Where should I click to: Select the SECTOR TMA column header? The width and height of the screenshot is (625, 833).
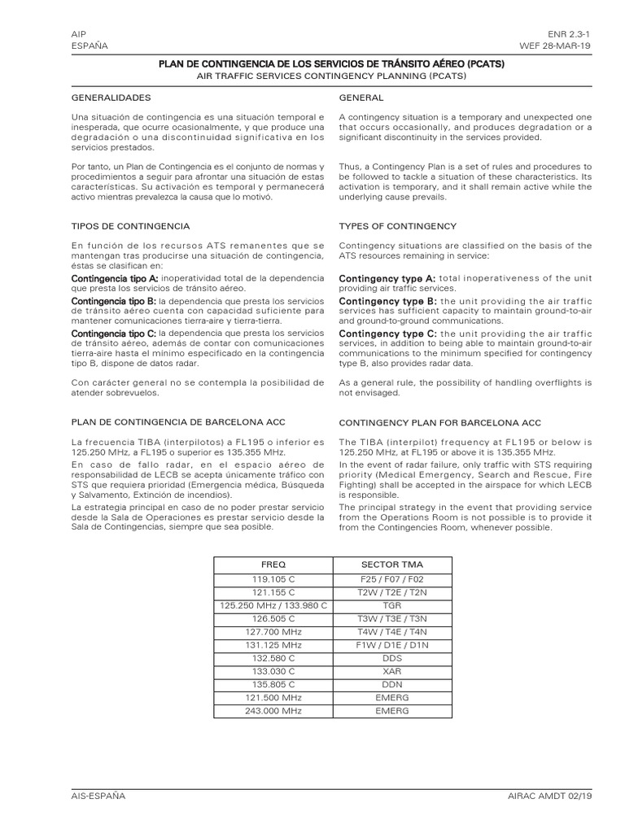click(391, 563)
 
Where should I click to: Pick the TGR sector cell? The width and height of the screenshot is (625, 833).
click(391, 605)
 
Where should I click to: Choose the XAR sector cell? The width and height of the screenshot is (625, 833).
click(391, 671)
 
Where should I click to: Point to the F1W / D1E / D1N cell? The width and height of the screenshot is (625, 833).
click(391, 644)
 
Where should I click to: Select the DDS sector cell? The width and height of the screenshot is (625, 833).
click(391, 658)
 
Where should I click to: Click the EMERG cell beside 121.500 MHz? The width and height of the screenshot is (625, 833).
click(391, 697)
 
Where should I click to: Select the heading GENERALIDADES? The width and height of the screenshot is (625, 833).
click(111, 98)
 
